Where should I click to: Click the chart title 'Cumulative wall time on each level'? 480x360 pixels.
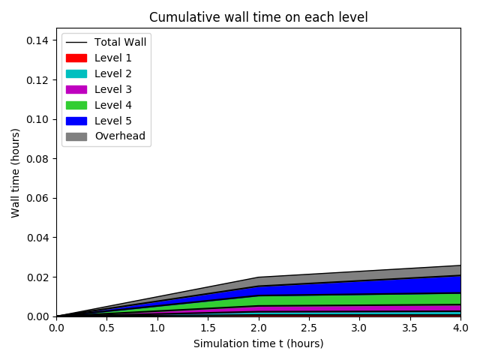[x=258, y=17]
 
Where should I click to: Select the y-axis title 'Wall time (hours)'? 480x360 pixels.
[x=16, y=172]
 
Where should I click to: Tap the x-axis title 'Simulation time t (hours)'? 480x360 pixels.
[x=258, y=343]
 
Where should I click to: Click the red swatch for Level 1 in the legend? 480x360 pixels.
[x=76, y=58]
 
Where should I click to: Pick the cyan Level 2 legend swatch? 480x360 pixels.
[x=76, y=73]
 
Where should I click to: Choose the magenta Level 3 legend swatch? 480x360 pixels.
[x=76, y=89]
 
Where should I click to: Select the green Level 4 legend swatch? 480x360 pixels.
[x=76, y=105]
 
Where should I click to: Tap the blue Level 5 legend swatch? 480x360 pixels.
[x=76, y=121]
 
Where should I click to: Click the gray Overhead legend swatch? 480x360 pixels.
[x=76, y=136]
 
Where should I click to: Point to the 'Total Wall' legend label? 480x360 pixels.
[x=120, y=42]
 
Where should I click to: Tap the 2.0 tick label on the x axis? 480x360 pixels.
[x=258, y=328]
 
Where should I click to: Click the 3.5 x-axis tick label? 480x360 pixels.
[x=409, y=328]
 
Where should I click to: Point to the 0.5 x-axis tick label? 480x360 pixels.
[x=106, y=328]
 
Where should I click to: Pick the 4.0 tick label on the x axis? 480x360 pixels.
[x=460, y=328]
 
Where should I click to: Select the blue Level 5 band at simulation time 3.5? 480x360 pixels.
[x=409, y=286]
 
